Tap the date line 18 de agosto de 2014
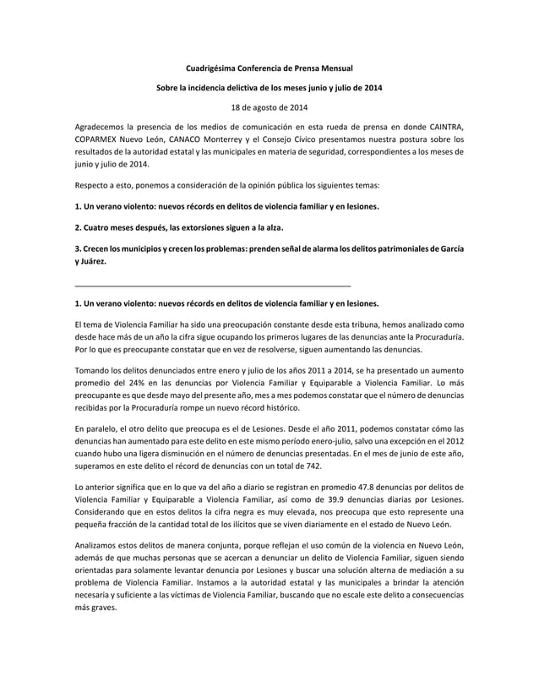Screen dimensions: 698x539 [269, 107]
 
